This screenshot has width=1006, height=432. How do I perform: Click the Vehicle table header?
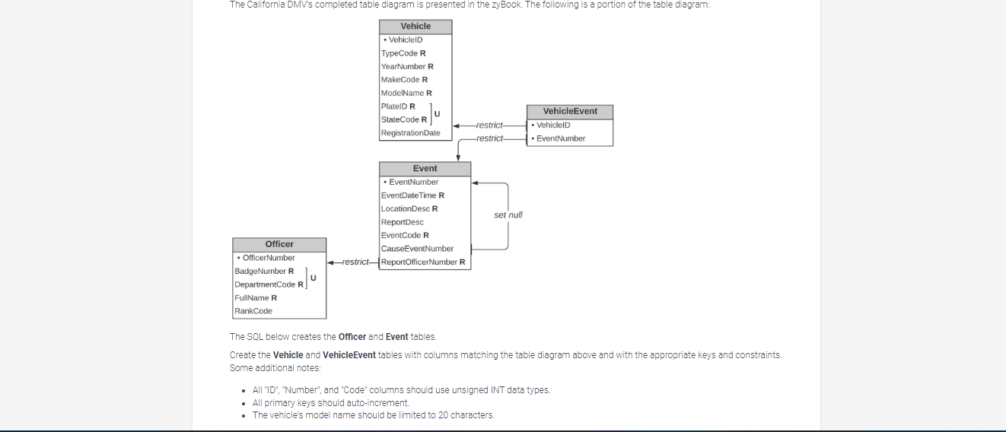click(x=415, y=27)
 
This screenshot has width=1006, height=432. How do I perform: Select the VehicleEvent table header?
click(x=569, y=111)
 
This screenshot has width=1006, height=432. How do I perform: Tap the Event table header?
click(x=425, y=169)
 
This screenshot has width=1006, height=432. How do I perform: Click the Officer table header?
click(x=279, y=244)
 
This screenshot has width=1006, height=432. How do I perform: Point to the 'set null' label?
click(x=508, y=215)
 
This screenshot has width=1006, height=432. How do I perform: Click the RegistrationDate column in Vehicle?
click(x=411, y=133)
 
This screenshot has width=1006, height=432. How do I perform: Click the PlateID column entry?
click(x=398, y=106)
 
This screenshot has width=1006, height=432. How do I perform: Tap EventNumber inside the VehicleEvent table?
click(x=560, y=138)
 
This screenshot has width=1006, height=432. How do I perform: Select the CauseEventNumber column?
click(x=417, y=249)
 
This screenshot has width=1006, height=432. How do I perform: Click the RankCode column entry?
click(x=253, y=311)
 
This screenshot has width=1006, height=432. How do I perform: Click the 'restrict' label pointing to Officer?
click(x=355, y=262)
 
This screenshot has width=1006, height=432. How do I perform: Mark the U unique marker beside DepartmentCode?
click(x=313, y=278)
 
